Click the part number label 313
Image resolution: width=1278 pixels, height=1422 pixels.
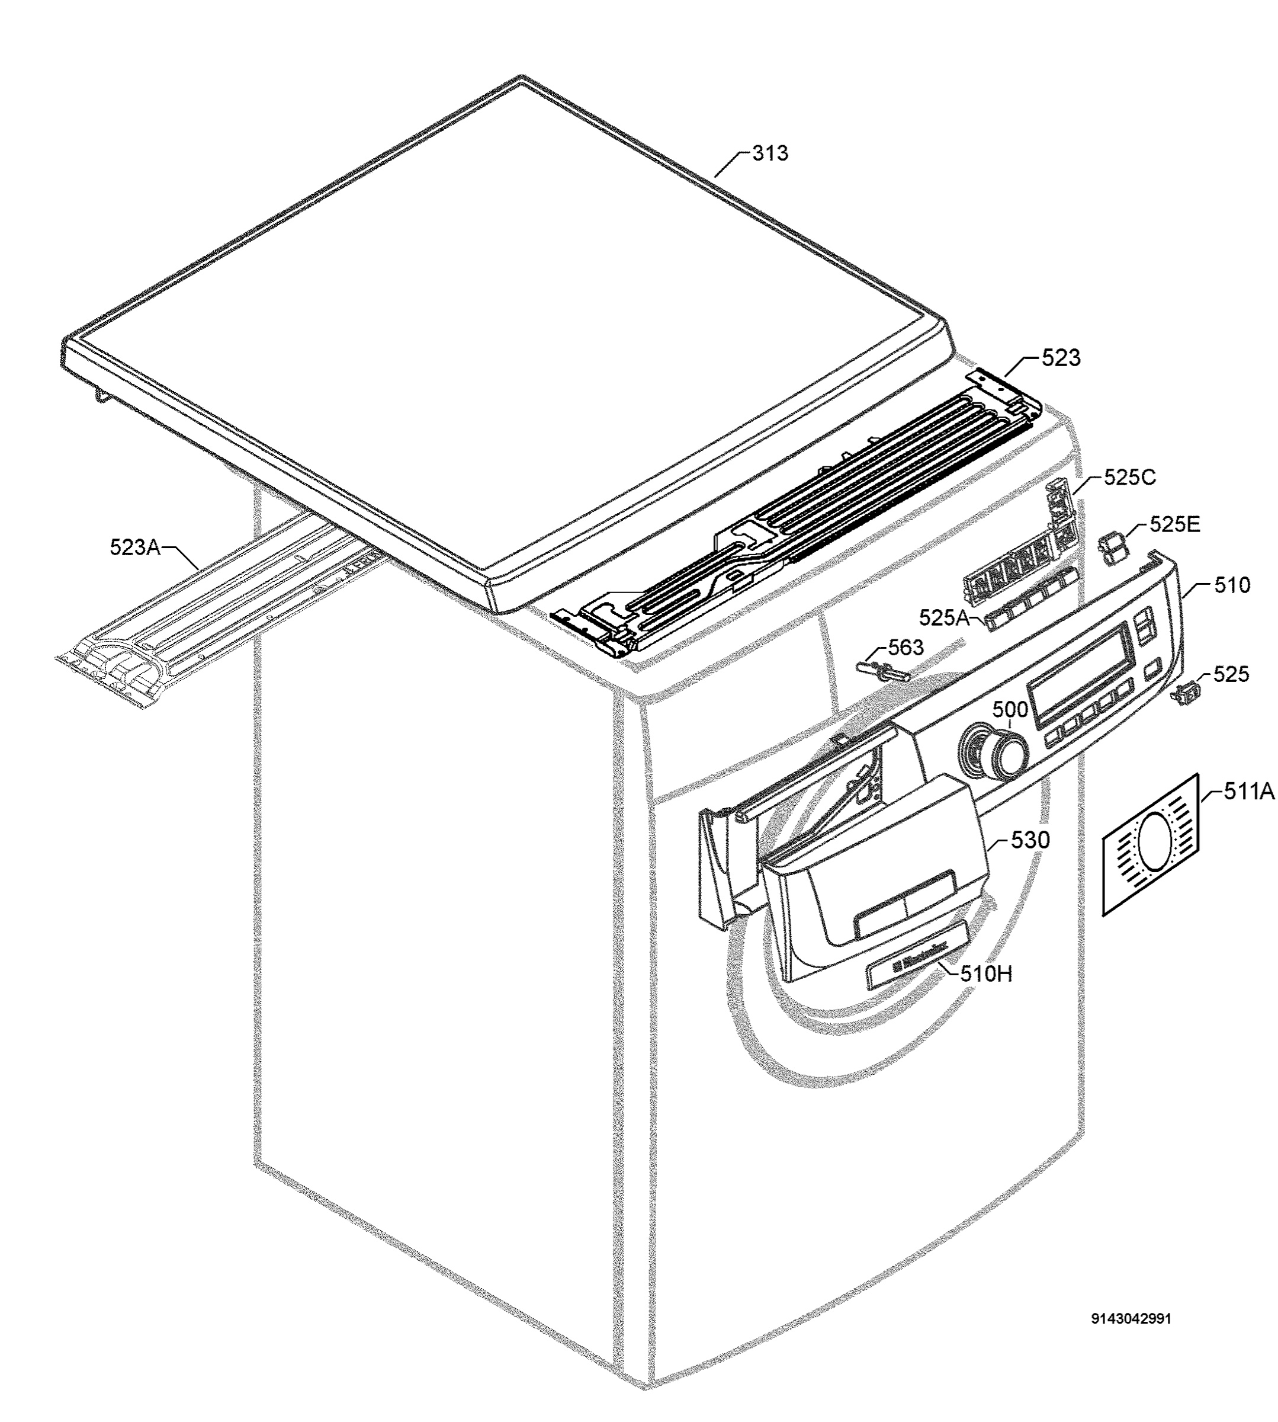[x=770, y=153]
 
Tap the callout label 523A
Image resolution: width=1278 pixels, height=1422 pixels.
[x=135, y=547]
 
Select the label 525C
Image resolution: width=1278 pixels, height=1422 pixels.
[x=1130, y=477]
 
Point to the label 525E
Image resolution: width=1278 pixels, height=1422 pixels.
[x=1175, y=525]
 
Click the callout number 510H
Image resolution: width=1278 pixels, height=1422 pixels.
[x=986, y=973]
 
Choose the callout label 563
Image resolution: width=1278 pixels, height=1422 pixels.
[x=906, y=647]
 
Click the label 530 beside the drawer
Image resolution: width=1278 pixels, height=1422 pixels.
[x=1030, y=840]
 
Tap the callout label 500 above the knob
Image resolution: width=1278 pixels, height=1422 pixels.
[x=1010, y=710]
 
